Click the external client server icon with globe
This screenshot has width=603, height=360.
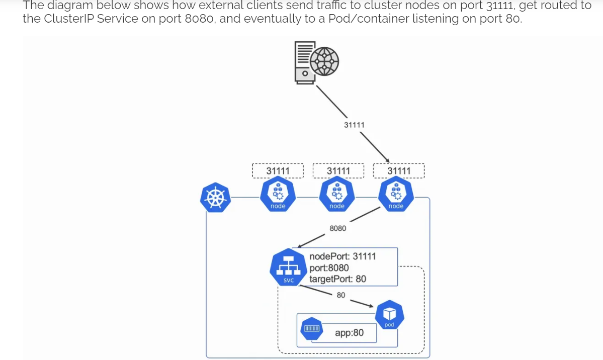point(316,61)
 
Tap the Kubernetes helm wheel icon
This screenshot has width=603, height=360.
point(215,198)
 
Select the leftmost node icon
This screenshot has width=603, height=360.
point(278,196)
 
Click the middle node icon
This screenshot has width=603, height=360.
point(337,196)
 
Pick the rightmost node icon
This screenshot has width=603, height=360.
point(396,196)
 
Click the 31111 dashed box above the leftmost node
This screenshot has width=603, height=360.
point(278,171)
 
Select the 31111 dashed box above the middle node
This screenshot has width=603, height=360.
point(338,171)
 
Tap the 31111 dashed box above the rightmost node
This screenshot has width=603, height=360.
point(399,171)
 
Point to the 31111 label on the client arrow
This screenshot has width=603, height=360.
point(354,125)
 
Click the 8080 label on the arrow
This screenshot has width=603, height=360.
point(337,228)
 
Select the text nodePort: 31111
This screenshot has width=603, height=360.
point(342,256)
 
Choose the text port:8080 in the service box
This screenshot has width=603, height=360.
point(329,268)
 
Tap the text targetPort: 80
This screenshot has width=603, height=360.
point(337,279)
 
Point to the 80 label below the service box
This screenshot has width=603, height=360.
point(341,295)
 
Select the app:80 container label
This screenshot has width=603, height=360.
point(349,333)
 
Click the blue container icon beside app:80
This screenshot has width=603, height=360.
point(311,329)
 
